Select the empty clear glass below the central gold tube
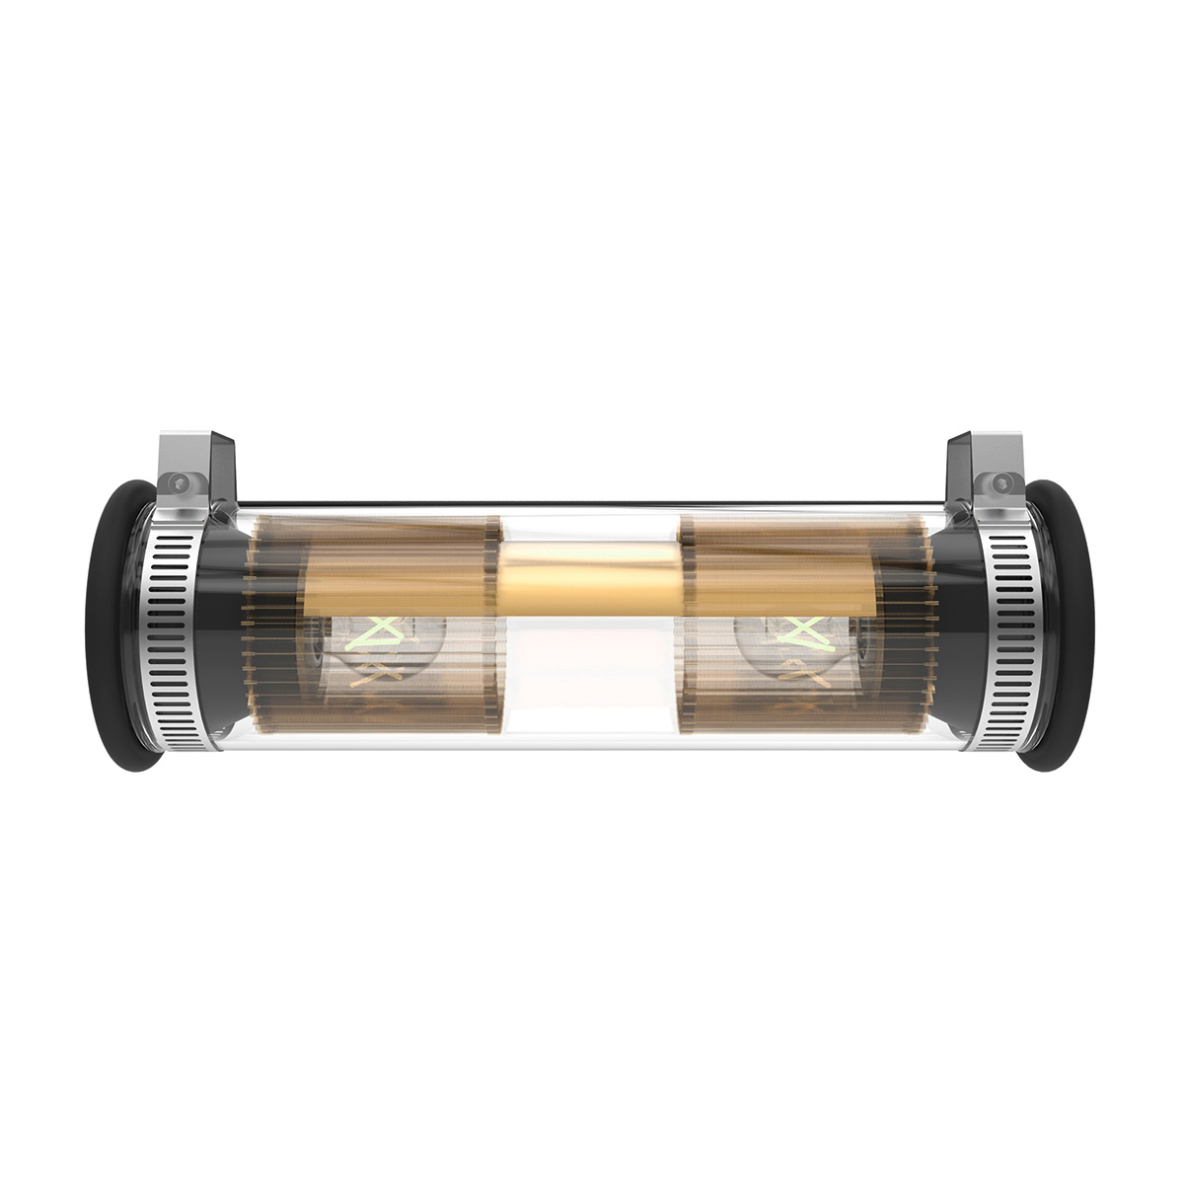(589, 681)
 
